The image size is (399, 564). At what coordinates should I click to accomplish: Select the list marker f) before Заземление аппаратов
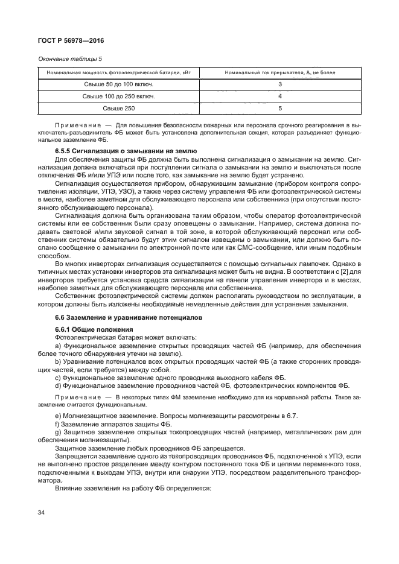point(57,425)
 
